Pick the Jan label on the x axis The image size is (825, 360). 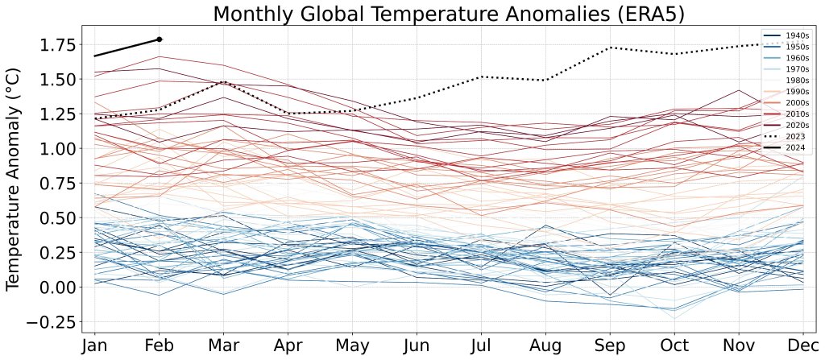(95, 346)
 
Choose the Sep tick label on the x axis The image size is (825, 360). (609, 346)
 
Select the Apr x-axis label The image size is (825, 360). (288, 346)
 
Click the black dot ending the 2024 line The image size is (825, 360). (160, 39)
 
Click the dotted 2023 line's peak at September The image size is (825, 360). (610, 48)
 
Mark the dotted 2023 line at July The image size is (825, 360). (481, 77)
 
